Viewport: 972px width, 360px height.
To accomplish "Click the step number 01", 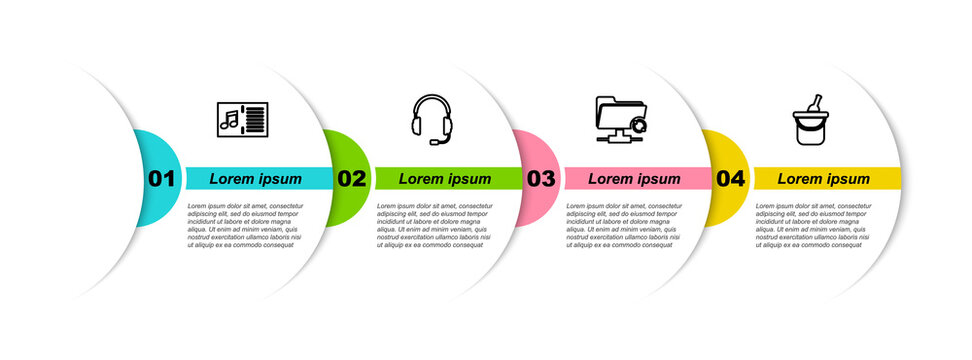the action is tap(161, 179).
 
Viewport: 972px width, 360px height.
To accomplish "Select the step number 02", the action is tap(351, 179).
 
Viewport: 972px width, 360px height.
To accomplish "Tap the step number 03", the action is tap(541, 179).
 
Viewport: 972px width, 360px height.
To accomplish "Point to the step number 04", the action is tap(731, 179).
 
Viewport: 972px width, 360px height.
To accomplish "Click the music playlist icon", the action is tap(241, 120).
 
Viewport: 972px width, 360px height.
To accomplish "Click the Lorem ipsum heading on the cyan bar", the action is tap(255, 179).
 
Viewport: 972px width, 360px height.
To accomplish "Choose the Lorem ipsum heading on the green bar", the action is tap(445, 179).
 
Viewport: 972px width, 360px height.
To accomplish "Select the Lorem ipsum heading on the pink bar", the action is tap(634, 179).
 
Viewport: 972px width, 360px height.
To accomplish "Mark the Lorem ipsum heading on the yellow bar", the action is tap(824, 179).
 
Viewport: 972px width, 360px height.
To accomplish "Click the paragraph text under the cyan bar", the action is tap(243, 225).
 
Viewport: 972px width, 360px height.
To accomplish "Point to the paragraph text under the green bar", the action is tap(433, 225).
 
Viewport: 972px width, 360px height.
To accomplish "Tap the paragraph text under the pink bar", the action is tap(622, 225).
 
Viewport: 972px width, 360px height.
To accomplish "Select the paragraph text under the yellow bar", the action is tap(812, 225).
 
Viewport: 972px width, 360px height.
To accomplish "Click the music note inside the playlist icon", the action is tap(229, 120).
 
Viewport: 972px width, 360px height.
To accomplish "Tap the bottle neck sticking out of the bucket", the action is tap(816, 101).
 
